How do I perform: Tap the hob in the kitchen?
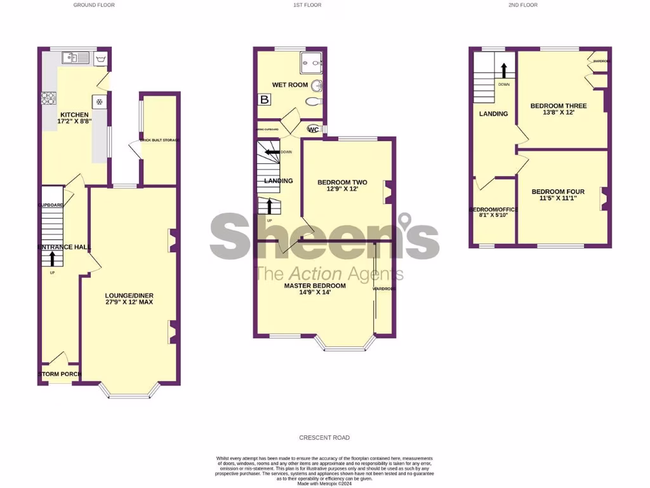pyautogui.click(x=49, y=98)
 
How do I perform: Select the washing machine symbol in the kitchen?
pyautogui.click(x=101, y=59)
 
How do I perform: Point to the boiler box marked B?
pyautogui.click(x=263, y=99)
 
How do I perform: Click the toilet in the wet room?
pyautogui.click(x=313, y=101)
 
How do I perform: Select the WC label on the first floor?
pyautogui.click(x=313, y=130)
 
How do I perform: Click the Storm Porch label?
pyautogui.click(x=60, y=374)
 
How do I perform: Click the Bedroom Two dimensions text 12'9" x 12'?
pyautogui.click(x=342, y=189)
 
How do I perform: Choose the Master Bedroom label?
pyautogui.click(x=314, y=286)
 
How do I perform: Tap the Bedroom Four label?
pyautogui.click(x=558, y=192)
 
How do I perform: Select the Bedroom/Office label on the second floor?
pyautogui.click(x=493, y=209)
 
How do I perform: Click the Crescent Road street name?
pyautogui.click(x=325, y=438)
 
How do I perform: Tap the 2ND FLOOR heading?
pyautogui.click(x=522, y=5)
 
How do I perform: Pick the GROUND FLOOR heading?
pyautogui.click(x=94, y=5)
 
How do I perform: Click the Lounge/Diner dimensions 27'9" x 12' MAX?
pyautogui.click(x=129, y=302)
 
